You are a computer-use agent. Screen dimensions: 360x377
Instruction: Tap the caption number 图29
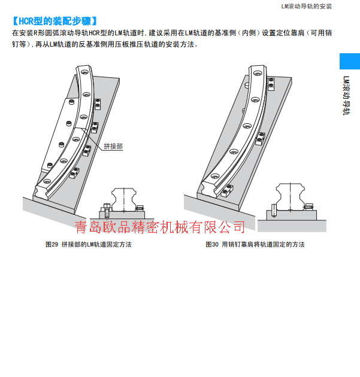point(52,245)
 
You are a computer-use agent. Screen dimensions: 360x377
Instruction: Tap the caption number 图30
point(212,245)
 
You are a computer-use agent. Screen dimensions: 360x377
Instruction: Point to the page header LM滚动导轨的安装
point(306,6)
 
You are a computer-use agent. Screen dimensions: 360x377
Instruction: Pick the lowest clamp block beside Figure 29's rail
point(74,174)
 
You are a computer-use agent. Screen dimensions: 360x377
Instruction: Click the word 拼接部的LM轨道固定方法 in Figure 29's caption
point(96,245)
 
